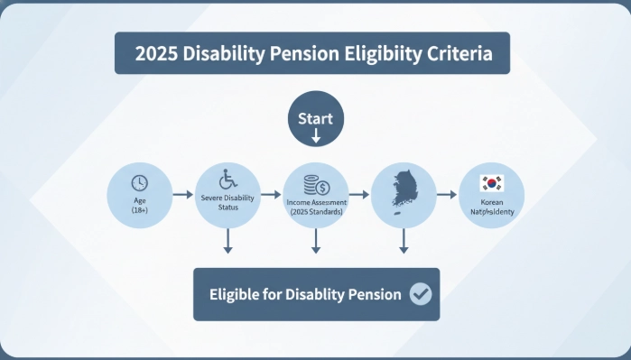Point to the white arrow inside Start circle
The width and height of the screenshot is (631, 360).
(316, 136)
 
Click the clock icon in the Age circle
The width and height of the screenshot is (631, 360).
(139, 181)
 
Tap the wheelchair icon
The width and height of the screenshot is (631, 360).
(227, 179)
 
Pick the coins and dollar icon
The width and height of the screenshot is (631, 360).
(316, 186)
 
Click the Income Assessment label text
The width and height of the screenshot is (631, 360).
(316, 202)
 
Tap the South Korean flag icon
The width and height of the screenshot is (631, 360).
(492, 184)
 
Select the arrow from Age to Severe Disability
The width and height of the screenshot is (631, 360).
(181, 195)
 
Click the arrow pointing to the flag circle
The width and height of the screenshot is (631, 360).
(446, 194)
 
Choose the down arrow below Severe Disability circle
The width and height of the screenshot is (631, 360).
(227, 240)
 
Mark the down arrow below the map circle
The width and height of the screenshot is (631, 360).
(404, 240)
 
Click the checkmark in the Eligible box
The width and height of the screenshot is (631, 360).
(420, 294)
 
